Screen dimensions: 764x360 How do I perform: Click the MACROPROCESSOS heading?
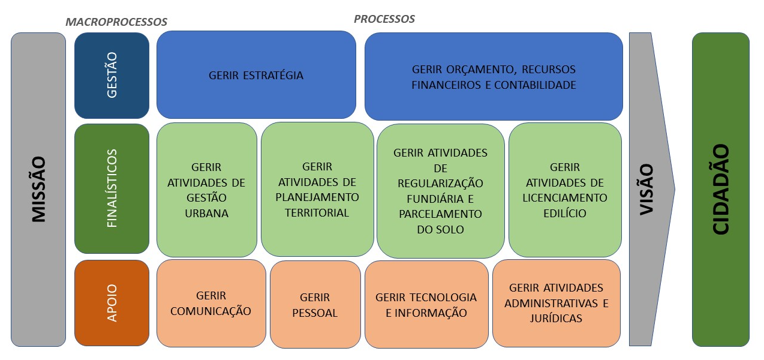click(116, 22)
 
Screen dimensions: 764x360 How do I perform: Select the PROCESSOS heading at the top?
click(384, 19)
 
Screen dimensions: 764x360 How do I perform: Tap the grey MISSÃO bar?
click(38, 190)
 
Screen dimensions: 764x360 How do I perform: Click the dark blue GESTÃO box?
click(112, 76)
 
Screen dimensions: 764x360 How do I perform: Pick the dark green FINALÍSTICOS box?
click(112, 189)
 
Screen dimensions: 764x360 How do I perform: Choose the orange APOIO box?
click(112, 303)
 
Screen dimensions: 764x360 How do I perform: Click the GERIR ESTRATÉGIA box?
click(256, 75)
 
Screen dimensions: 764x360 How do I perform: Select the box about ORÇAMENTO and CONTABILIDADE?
click(494, 76)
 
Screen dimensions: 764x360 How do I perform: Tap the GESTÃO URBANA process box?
click(207, 190)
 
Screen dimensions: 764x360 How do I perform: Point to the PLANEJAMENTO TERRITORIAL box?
click(317, 189)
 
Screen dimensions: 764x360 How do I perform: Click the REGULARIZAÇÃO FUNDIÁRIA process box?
click(440, 191)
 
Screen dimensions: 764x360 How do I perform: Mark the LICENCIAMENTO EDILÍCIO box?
click(565, 190)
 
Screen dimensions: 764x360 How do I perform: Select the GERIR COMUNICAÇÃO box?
click(211, 303)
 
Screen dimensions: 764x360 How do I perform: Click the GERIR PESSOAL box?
click(315, 304)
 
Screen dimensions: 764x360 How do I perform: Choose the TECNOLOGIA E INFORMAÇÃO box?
click(426, 304)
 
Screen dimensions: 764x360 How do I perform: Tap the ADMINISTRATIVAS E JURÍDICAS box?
click(557, 303)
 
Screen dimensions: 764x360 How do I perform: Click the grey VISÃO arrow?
click(648, 190)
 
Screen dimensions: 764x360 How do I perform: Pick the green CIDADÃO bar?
click(721, 190)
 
